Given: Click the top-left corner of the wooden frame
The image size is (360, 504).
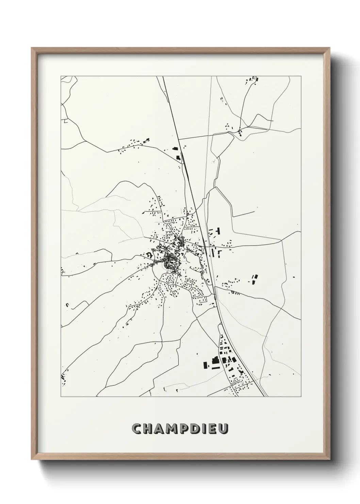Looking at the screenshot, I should tap(32, 48).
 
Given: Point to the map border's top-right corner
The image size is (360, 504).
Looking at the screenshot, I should tap(301, 76).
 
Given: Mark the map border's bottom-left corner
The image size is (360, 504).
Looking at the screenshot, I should tap(61, 397).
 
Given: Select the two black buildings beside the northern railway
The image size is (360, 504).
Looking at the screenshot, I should tap(176, 153).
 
